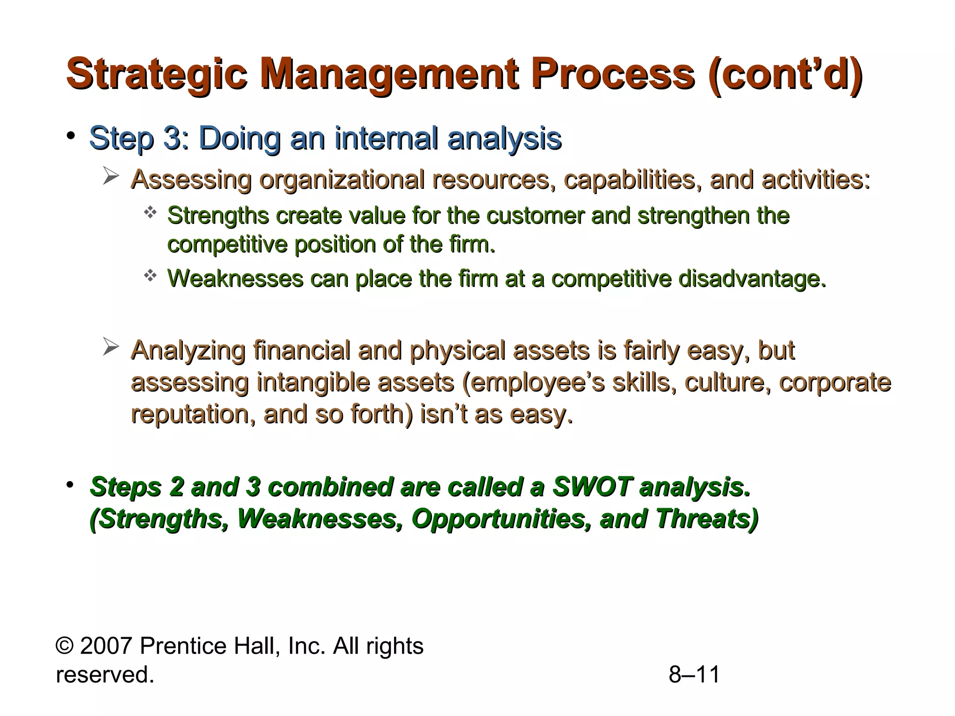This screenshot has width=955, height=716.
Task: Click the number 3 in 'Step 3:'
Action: coord(172,138)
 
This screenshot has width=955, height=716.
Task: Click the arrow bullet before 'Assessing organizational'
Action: coord(111,177)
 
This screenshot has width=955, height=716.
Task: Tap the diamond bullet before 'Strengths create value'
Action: coord(150,213)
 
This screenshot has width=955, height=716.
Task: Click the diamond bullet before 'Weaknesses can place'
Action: coord(150,276)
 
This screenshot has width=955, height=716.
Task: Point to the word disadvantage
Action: coord(752,279)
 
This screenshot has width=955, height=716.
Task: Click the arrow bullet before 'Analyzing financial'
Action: coord(111,347)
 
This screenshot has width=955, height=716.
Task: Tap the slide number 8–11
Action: coord(694,675)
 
